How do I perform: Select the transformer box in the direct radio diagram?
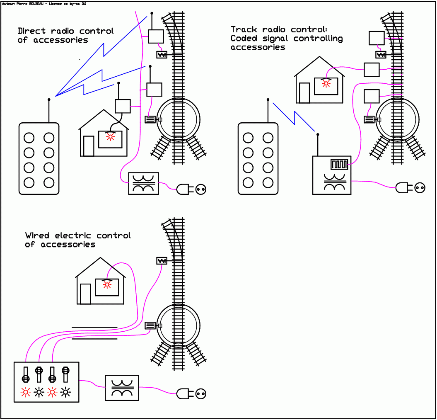(143, 183)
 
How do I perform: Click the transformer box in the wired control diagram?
(122, 388)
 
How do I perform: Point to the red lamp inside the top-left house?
(110, 137)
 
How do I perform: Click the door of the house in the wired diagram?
(85, 294)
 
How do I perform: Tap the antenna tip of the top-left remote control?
(49, 100)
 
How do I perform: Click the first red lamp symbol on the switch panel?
(26, 392)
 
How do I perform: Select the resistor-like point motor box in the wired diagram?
(162, 261)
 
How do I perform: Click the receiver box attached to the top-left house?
(123, 106)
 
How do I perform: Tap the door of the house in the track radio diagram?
(304, 93)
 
